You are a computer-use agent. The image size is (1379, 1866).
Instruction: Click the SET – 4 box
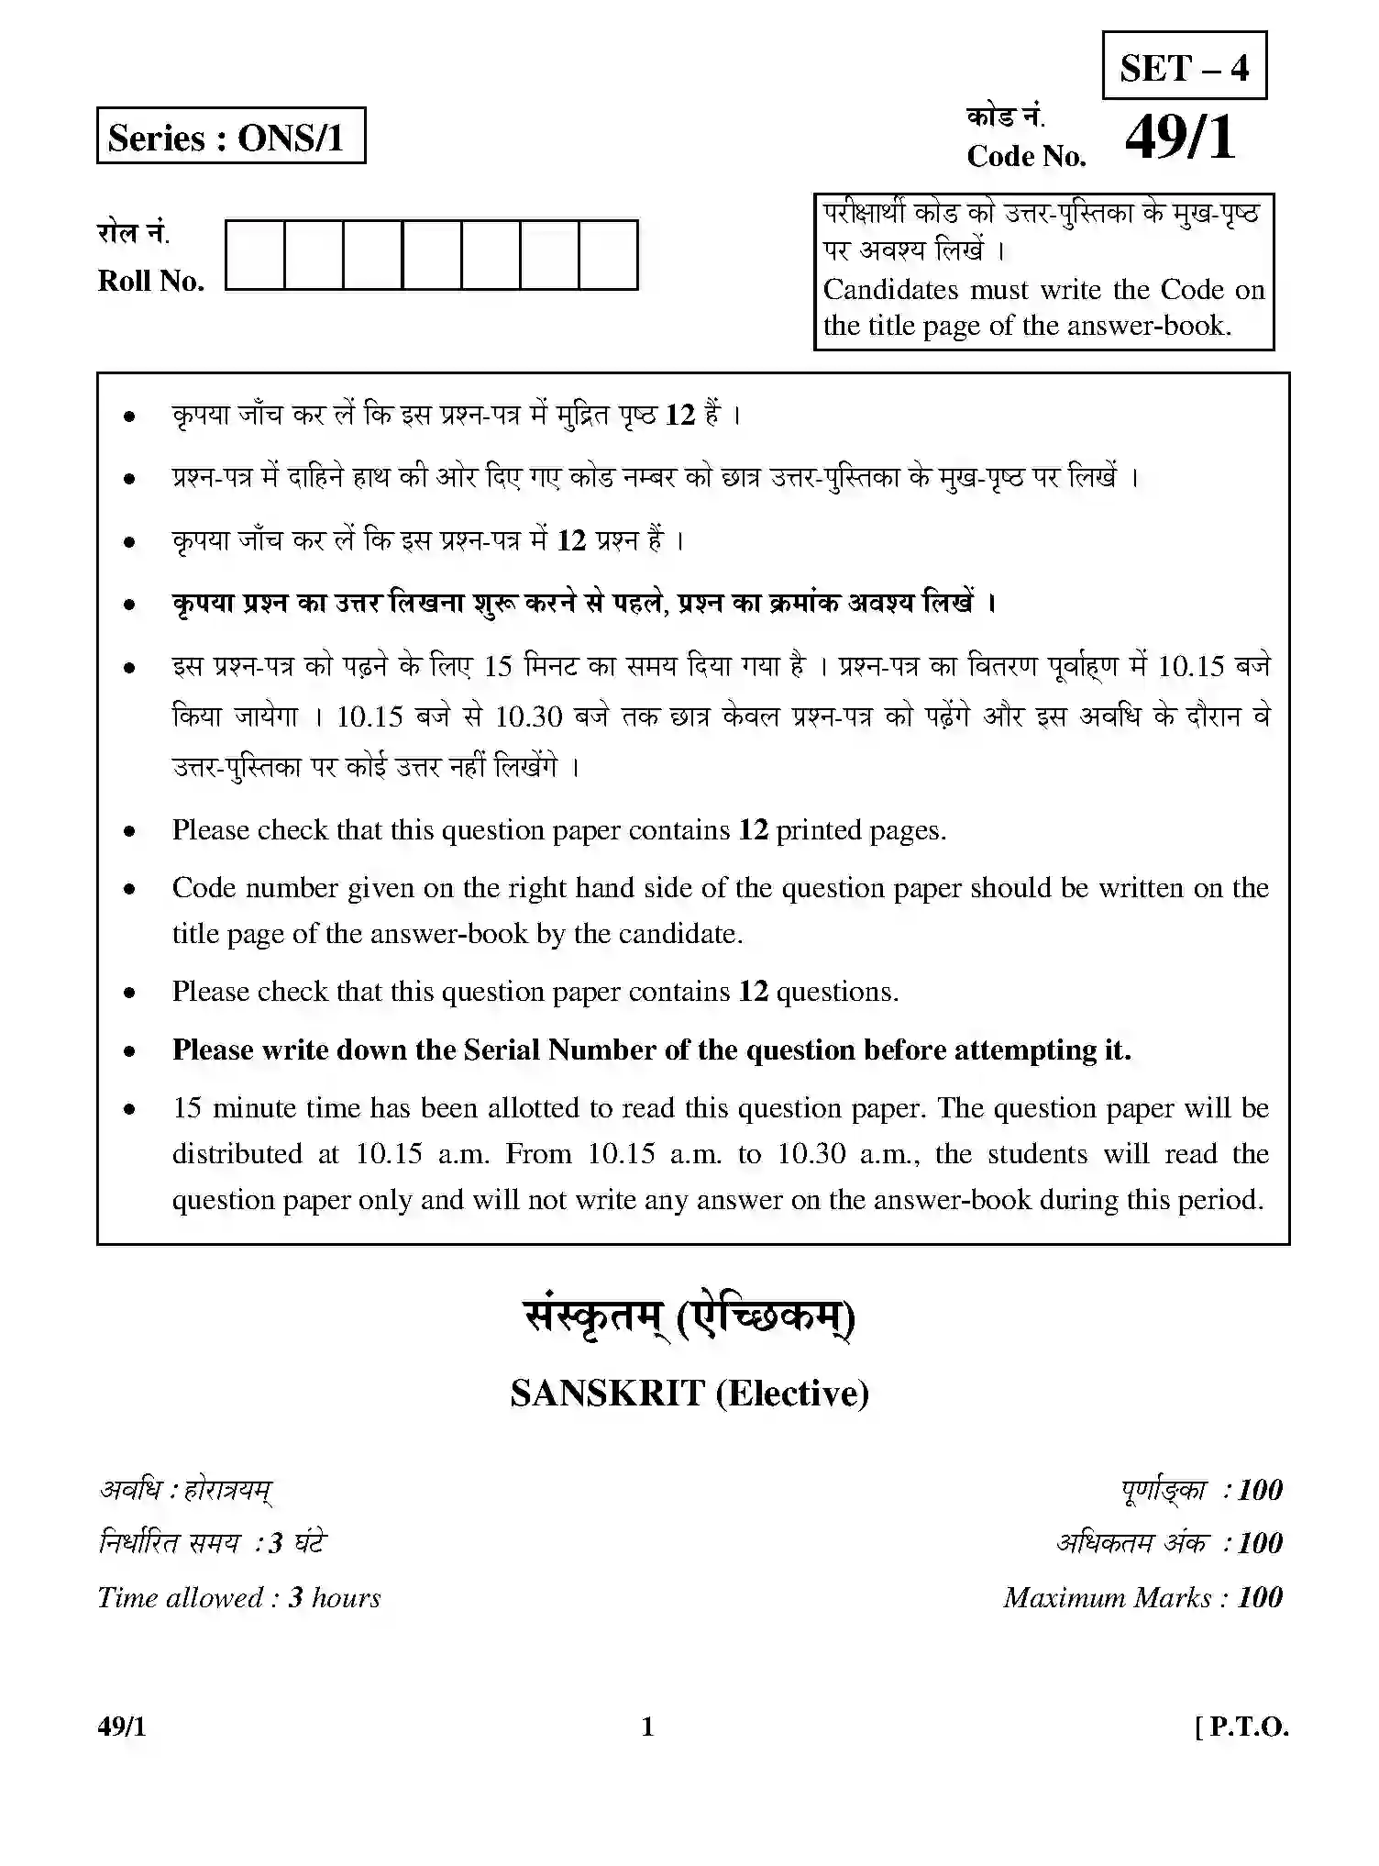1184,66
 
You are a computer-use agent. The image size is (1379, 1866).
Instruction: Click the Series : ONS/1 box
230,137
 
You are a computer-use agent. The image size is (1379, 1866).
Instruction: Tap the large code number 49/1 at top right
1181,139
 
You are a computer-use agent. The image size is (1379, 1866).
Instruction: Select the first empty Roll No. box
255,254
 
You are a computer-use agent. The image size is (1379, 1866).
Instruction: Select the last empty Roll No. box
608,254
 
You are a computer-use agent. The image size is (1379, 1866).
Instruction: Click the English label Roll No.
150,281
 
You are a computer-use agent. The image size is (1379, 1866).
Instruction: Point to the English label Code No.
1026,157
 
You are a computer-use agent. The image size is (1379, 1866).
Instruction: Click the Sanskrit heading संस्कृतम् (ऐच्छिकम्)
689,1318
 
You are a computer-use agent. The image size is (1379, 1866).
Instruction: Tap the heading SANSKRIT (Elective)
689,1393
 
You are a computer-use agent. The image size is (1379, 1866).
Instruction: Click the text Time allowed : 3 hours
238,1597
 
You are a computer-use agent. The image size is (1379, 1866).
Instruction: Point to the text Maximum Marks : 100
1142,1597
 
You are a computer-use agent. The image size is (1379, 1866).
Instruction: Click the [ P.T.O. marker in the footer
1241,1727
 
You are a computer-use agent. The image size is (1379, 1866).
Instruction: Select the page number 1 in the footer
647,1727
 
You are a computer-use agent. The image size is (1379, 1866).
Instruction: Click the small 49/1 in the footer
121,1727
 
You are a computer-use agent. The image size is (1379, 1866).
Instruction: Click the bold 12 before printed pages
753,830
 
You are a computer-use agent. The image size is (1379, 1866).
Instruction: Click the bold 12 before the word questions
753,992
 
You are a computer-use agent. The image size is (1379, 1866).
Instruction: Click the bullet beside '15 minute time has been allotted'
130,1109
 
